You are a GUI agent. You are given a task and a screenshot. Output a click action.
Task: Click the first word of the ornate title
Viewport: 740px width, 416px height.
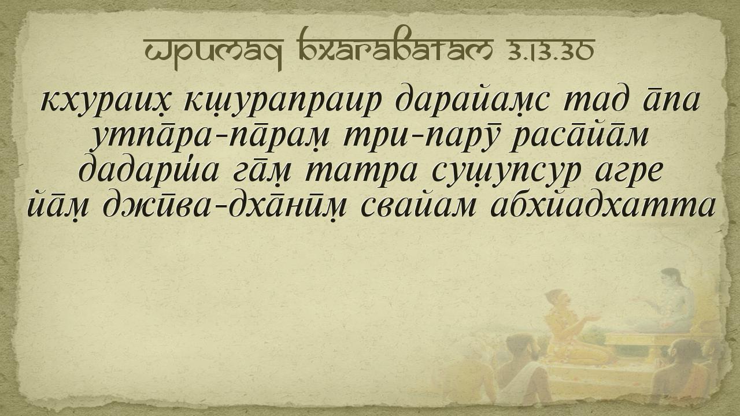(214, 53)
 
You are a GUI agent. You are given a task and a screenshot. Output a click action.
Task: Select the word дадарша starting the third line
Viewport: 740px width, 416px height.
(148, 171)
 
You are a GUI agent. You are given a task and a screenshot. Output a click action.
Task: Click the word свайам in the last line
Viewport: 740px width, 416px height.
(419, 206)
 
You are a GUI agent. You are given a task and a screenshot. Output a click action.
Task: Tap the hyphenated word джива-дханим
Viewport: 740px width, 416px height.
(225, 206)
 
